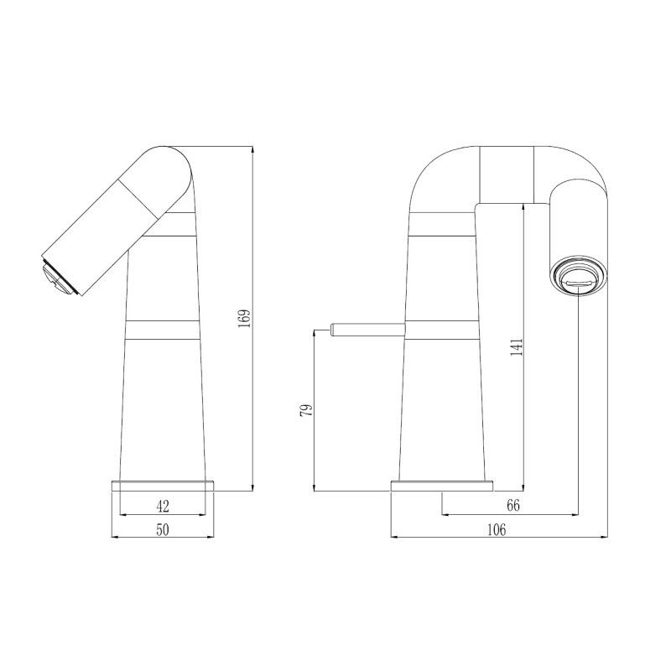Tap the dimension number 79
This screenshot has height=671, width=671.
click(x=306, y=409)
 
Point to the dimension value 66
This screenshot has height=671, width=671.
click(x=514, y=505)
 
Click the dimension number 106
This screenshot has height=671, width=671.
click(x=497, y=528)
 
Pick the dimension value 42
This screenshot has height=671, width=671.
click(x=163, y=505)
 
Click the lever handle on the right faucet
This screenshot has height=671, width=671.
click(x=361, y=328)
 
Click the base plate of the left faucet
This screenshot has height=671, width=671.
click(x=164, y=486)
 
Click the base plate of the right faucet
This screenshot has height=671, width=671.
click(x=443, y=486)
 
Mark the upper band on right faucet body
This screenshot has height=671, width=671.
click(x=442, y=224)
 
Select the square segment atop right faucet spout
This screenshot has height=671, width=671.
click(x=506, y=174)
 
